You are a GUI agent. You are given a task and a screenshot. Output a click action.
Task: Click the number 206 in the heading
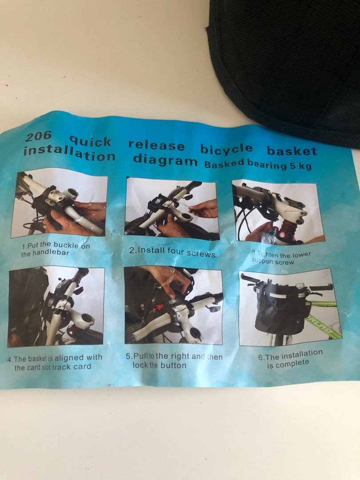(x=39, y=136)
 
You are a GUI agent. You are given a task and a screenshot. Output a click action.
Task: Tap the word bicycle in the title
(x=227, y=149)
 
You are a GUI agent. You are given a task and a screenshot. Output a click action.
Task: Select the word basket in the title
(x=292, y=151)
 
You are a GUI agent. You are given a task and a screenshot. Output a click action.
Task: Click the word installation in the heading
(x=70, y=153)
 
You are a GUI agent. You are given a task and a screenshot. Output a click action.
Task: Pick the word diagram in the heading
(x=165, y=160)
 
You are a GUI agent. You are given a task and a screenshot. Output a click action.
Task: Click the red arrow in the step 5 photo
(x=156, y=308)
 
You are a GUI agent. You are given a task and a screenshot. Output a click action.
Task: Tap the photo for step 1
(x=59, y=204)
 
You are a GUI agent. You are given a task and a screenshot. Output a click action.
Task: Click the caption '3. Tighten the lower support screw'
(x=281, y=258)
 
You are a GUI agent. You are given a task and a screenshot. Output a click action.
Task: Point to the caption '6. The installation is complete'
(x=290, y=359)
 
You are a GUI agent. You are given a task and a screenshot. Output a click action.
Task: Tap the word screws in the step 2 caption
(x=201, y=253)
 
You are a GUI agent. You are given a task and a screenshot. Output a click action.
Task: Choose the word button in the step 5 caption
(x=173, y=365)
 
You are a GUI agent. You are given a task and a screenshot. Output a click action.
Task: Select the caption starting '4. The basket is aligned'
(x=55, y=362)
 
